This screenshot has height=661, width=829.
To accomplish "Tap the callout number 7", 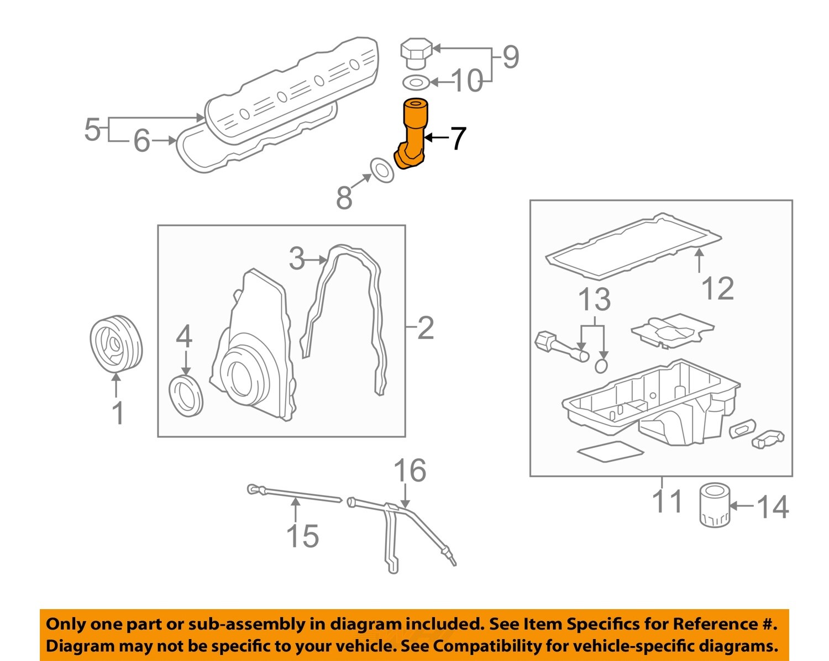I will pyautogui.click(x=458, y=139).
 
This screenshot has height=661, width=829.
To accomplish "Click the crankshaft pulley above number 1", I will pyautogui.click(x=116, y=344).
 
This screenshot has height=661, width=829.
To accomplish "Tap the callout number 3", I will pyautogui.click(x=297, y=258).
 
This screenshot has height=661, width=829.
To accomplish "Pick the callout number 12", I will pyautogui.click(x=717, y=289).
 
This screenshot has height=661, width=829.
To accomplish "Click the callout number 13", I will pyautogui.click(x=594, y=300).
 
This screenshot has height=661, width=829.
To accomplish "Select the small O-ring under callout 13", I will pyautogui.click(x=602, y=365).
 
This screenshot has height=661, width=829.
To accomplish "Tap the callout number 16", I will pyautogui.click(x=410, y=470).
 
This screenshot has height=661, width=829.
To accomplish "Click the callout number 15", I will pyautogui.click(x=302, y=536).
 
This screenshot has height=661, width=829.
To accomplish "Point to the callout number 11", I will pyautogui.click(x=668, y=501).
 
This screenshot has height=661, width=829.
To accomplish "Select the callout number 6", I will pyautogui.click(x=141, y=141).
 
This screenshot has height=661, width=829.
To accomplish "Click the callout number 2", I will pyautogui.click(x=425, y=328).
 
